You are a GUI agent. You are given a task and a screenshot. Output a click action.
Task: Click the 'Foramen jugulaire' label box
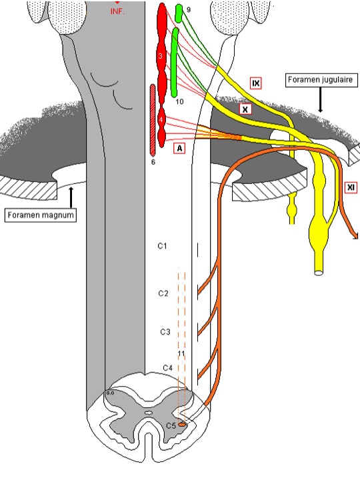[x=321, y=80]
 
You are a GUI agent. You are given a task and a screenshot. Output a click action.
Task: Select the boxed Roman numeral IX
[x=255, y=83]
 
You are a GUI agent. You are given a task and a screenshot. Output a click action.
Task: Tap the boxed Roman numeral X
[x=245, y=108]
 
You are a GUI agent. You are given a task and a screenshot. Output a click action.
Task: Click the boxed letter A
[x=178, y=149]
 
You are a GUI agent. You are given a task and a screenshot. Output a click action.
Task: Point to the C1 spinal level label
[x=162, y=247]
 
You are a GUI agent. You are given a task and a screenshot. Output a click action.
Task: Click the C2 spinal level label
[x=163, y=293]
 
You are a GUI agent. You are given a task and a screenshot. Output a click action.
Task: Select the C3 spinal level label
[x=165, y=331]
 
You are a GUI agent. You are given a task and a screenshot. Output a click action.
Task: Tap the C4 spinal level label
[x=169, y=368]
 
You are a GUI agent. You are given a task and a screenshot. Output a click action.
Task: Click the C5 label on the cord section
[x=170, y=424]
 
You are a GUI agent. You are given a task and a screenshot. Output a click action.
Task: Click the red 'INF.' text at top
[x=117, y=11]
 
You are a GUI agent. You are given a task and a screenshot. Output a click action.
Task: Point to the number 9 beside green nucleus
[x=189, y=10]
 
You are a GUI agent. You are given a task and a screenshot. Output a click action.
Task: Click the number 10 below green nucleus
[x=179, y=101]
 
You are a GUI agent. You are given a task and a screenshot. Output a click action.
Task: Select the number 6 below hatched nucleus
[x=153, y=162]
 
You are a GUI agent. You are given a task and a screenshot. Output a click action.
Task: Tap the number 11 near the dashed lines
[x=181, y=353]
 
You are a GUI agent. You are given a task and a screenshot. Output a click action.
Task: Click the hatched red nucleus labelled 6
[x=153, y=121]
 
